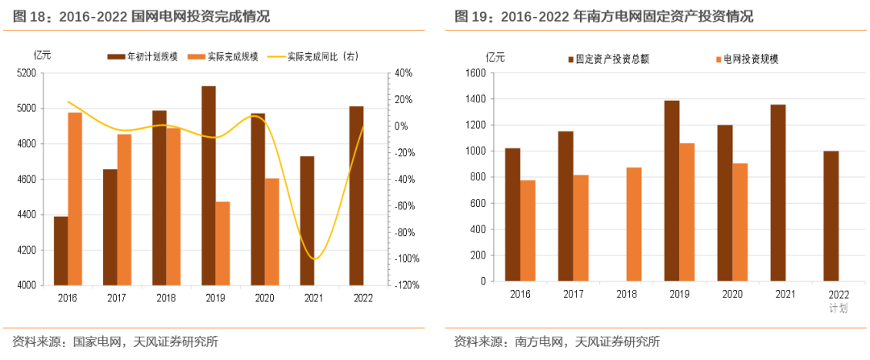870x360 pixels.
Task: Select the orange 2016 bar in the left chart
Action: pos(75,198)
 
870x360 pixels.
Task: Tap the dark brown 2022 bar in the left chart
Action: pos(356,196)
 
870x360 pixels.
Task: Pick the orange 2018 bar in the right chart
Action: pos(634,225)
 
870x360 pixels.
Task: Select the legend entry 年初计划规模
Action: pos(141,56)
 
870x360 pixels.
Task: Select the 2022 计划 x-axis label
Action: pos(839,300)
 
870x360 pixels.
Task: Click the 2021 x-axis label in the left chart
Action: pos(307,297)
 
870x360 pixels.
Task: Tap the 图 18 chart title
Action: pos(141,16)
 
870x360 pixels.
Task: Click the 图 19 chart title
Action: pos(603,16)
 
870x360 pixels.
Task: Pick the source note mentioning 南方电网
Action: pos(557,341)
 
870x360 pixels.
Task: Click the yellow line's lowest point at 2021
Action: pos(314,259)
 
